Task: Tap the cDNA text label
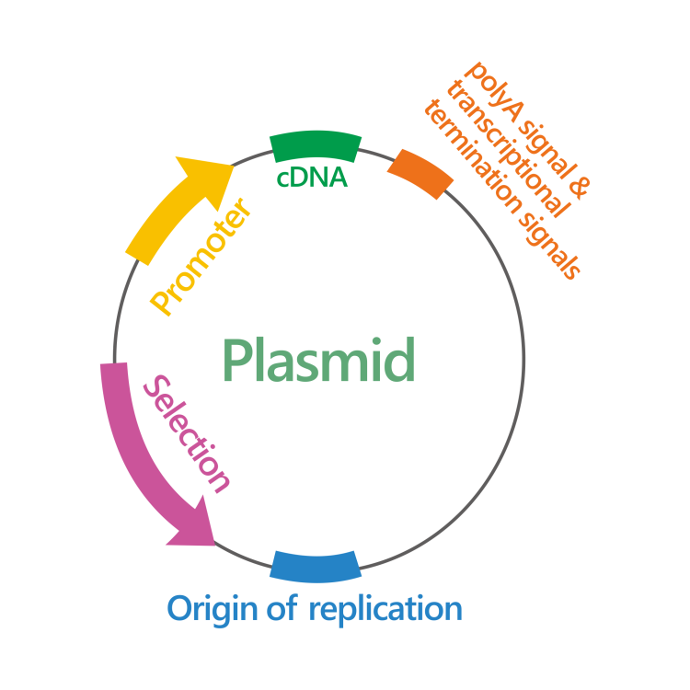coord(313,178)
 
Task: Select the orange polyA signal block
coord(420,173)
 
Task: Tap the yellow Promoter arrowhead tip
coord(230,164)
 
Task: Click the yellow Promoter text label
coord(202,258)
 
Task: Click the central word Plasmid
coord(318,360)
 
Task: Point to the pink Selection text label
coord(188,432)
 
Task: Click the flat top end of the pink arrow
coord(113,369)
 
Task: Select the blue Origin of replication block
coord(315,565)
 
